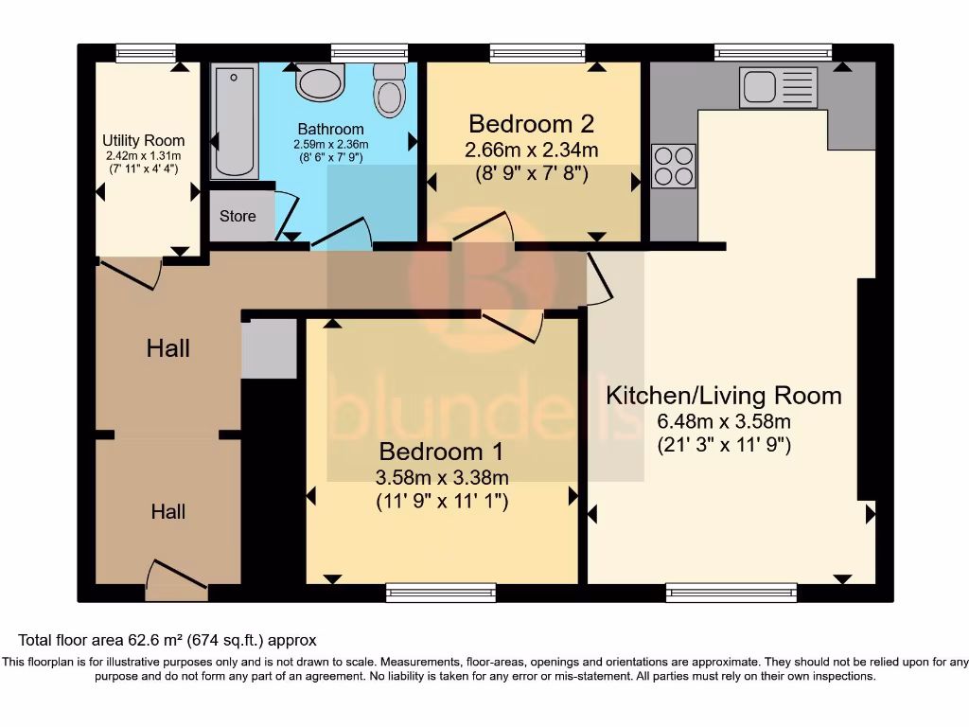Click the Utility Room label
(x=144, y=140)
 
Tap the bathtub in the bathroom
(x=235, y=122)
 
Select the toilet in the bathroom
(x=389, y=90)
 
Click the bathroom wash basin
(x=320, y=83)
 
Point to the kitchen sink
(x=779, y=87)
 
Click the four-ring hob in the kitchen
(x=674, y=166)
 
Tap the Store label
(x=238, y=216)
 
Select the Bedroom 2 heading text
(x=532, y=124)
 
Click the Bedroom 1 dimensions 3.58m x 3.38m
(x=442, y=477)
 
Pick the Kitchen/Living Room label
(x=724, y=396)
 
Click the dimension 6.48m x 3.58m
(x=724, y=421)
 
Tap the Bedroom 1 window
(x=441, y=593)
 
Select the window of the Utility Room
(x=146, y=53)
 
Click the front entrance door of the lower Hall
(x=177, y=580)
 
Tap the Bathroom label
(x=330, y=129)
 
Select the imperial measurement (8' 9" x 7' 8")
(x=532, y=173)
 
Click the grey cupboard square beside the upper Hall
(x=269, y=348)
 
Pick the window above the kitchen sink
(x=773, y=53)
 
